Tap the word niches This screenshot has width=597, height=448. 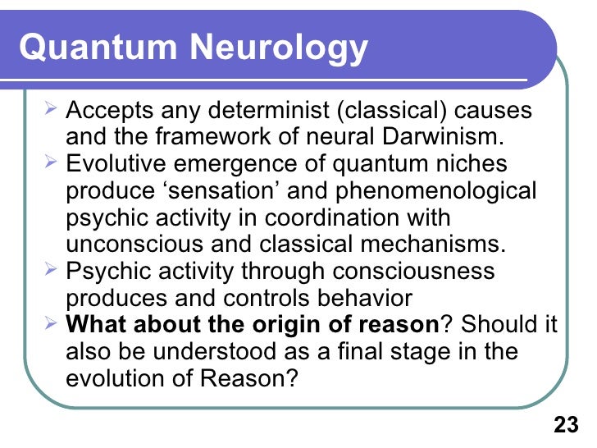tap(465, 164)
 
